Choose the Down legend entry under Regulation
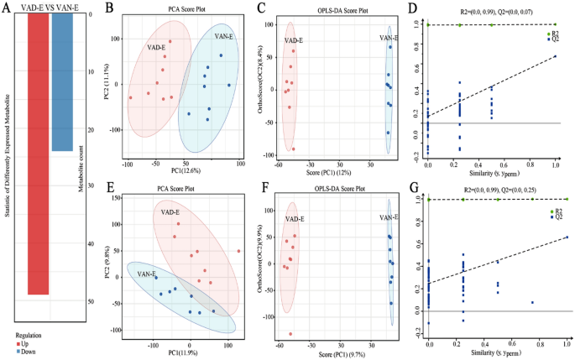click(25, 352)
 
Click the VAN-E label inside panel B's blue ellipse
click(224, 37)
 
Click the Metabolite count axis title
click(104, 159)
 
